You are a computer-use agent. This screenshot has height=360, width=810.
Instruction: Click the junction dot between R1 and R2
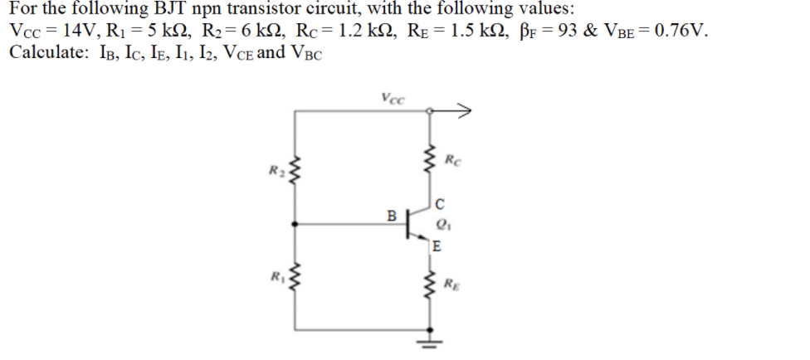point(296,223)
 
